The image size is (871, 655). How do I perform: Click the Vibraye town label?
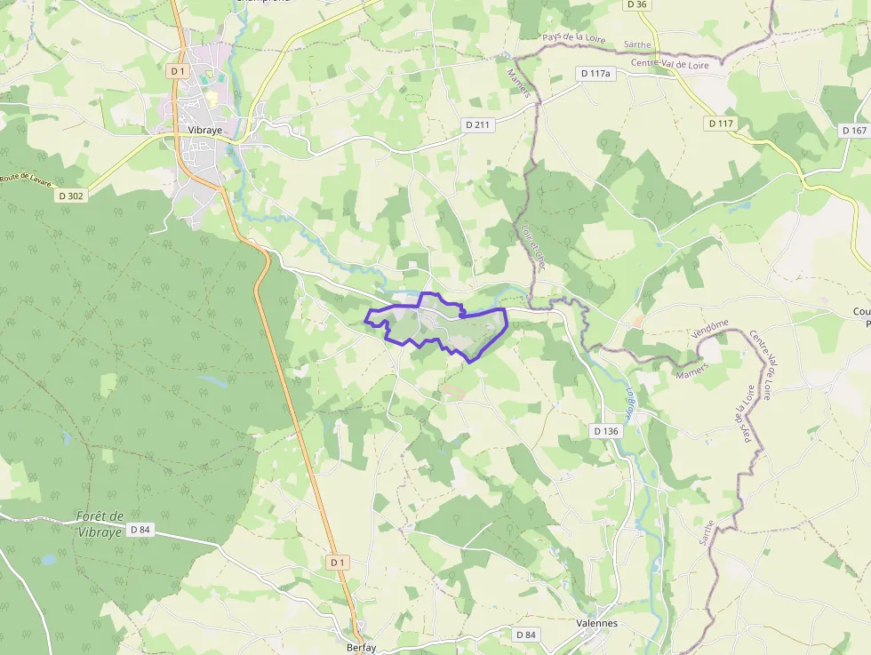[204, 129]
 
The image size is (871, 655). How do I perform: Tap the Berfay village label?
[361, 648]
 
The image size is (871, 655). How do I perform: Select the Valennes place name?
[596, 623]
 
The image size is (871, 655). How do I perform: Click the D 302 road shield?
[71, 196]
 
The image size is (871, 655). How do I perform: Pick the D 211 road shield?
[477, 125]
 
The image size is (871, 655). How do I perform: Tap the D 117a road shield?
[595, 73]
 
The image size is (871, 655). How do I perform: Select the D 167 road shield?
[852, 131]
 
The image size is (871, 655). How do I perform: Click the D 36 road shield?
[636, 4]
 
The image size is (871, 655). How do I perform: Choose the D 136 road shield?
[604, 431]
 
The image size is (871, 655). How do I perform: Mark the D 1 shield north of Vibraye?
[178, 70]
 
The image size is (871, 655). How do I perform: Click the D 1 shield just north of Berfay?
[337, 563]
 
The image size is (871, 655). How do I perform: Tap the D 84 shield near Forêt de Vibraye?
[140, 530]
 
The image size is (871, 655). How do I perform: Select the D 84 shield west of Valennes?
[525, 634]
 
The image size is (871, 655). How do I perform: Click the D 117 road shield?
[721, 124]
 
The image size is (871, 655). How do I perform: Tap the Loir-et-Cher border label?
[533, 245]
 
